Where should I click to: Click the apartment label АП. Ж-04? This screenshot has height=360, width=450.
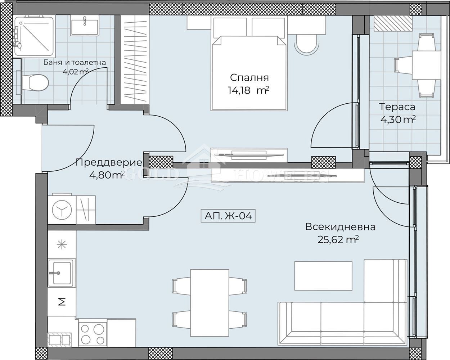click(228, 216)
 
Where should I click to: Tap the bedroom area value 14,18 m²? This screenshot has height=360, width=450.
click(248, 91)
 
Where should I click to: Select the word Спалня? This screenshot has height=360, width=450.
click(249, 78)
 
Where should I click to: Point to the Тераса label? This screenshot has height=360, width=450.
click(397, 107)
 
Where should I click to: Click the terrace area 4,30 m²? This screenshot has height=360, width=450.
click(398, 120)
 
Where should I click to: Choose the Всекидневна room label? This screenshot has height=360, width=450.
click(340, 227)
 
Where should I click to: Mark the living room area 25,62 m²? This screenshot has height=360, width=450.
click(338, 239)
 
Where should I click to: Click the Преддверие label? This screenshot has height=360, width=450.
click(109, 162)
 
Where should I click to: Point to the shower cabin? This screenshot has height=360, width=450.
click(34, 37)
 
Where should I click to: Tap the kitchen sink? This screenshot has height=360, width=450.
click(61, 273)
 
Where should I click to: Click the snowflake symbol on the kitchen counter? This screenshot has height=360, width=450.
click(62, 244)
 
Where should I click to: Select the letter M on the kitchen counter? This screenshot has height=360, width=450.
click(62, 302)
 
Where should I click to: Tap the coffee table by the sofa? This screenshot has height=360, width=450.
click(323, 276)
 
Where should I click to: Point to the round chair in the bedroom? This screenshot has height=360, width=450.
click(306, 44)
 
